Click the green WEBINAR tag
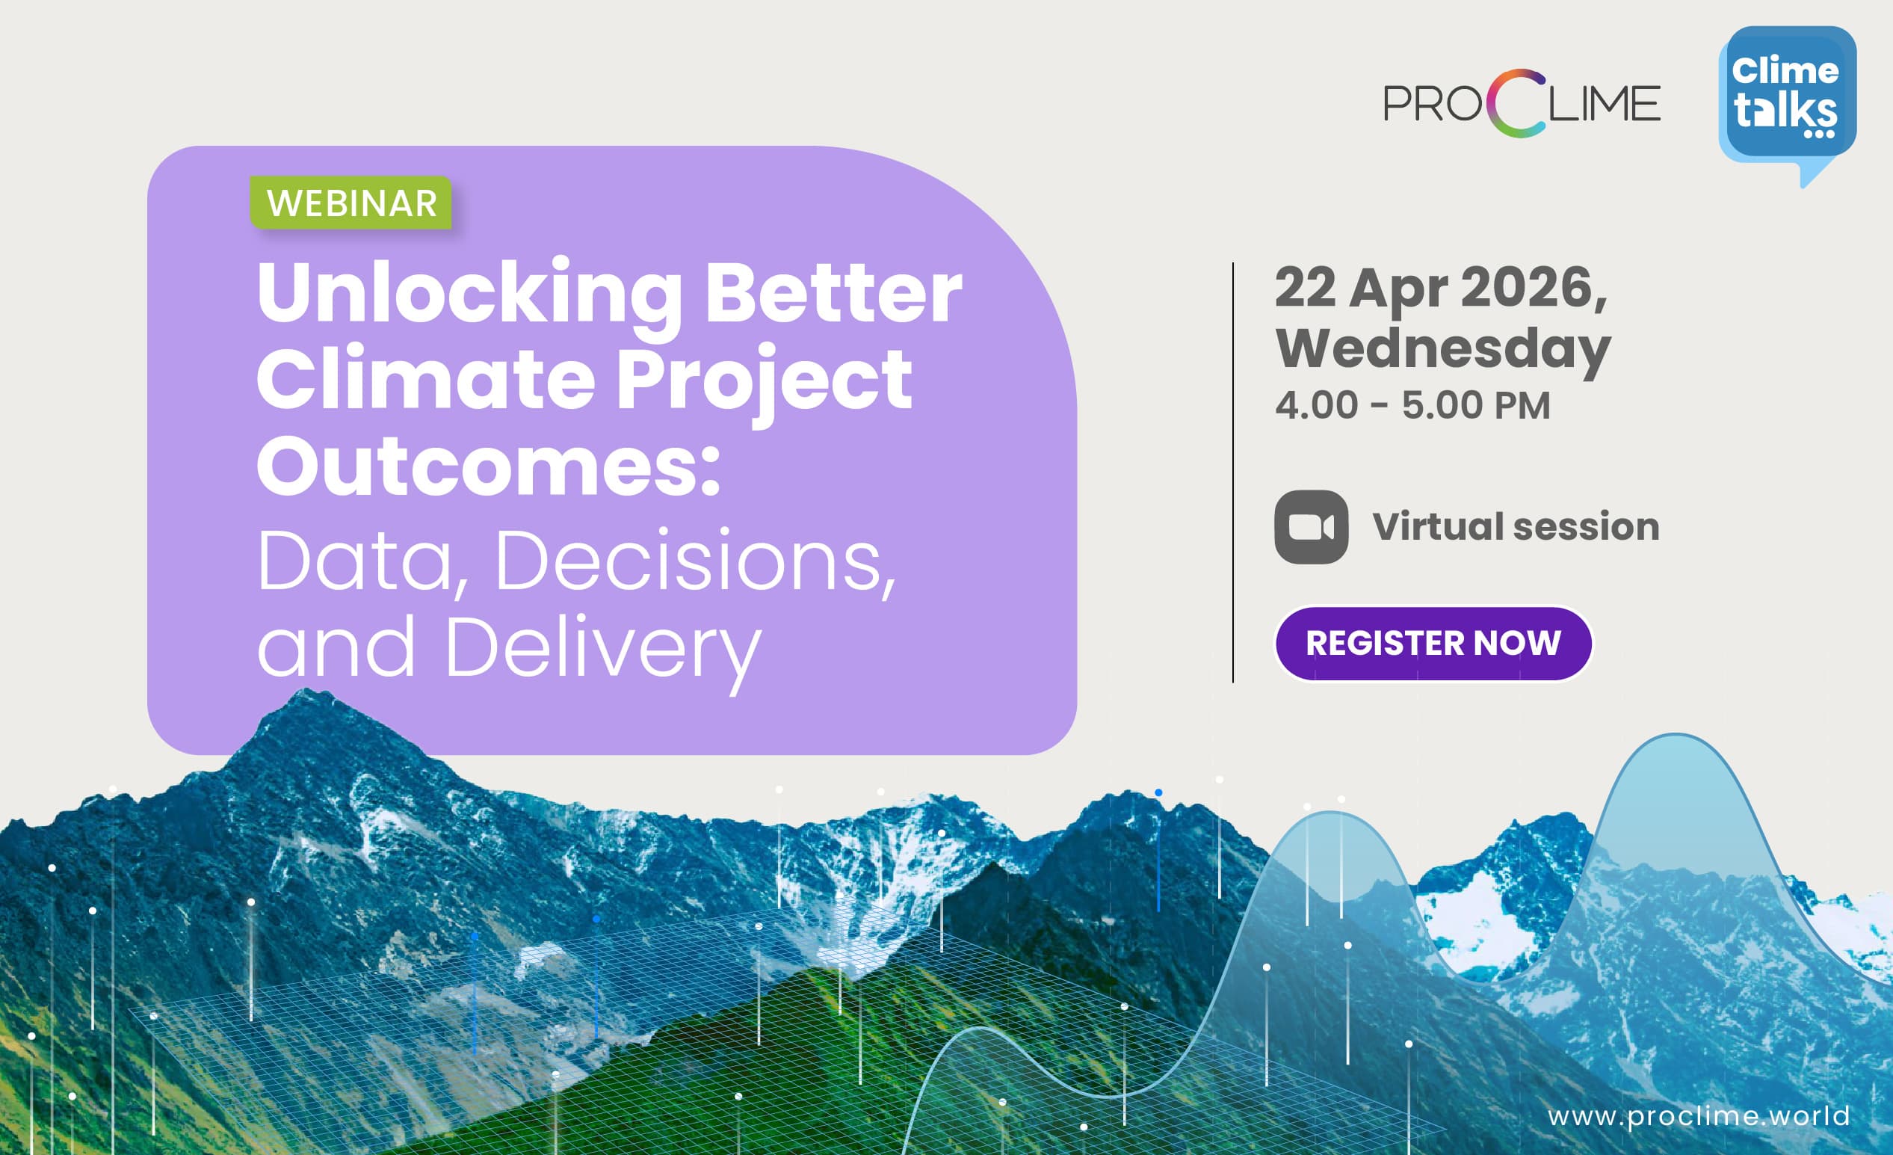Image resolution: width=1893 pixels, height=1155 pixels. [x=351, y=203]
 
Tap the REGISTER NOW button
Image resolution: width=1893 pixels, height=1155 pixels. [x=1433, y=643]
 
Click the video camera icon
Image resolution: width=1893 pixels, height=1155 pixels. [x=1311, y=527]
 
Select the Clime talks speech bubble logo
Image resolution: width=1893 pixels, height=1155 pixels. [x=1787, y=104]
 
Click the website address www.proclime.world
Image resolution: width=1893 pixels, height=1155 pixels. [x=1699, y=1116]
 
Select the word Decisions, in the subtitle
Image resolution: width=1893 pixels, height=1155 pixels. [x=696, y=561]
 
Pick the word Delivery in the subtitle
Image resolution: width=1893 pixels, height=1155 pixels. [x=602, y=652]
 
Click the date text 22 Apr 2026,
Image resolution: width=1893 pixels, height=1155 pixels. [x=1442, y=288]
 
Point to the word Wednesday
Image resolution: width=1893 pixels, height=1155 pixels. [x=1443, y=350]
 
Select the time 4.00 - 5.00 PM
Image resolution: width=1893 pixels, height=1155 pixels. [x=1412, y=405]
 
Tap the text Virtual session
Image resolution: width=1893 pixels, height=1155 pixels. [x=1516, y=527]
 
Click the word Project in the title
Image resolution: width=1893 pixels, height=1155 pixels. [x=764, y=382]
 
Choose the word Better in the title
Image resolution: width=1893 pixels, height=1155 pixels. [x=833, y=293]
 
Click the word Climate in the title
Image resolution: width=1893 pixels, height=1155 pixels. [x=426, y=379]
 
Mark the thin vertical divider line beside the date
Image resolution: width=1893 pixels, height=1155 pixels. [x=1233, y=472]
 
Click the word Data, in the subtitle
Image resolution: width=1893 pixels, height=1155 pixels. [x=363, y=561]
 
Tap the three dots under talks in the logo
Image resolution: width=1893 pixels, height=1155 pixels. [x=1818, y=134]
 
